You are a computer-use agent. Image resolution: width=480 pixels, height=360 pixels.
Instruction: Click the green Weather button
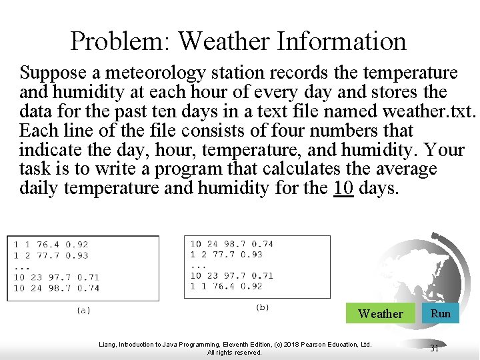380,313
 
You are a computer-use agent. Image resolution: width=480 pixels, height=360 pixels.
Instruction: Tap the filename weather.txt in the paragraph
425,111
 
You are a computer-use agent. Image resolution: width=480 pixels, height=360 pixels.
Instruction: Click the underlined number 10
343,188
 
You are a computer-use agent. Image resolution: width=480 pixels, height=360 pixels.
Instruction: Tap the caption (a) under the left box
83,309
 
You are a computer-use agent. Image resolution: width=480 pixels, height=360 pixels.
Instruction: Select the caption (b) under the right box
263,307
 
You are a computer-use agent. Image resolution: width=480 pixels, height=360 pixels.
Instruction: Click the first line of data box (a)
51,245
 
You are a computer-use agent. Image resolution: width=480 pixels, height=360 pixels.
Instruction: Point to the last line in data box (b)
227,286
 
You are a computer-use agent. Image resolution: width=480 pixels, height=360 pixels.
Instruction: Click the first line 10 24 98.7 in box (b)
231,244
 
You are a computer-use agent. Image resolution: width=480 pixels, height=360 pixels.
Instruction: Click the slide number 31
434,348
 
